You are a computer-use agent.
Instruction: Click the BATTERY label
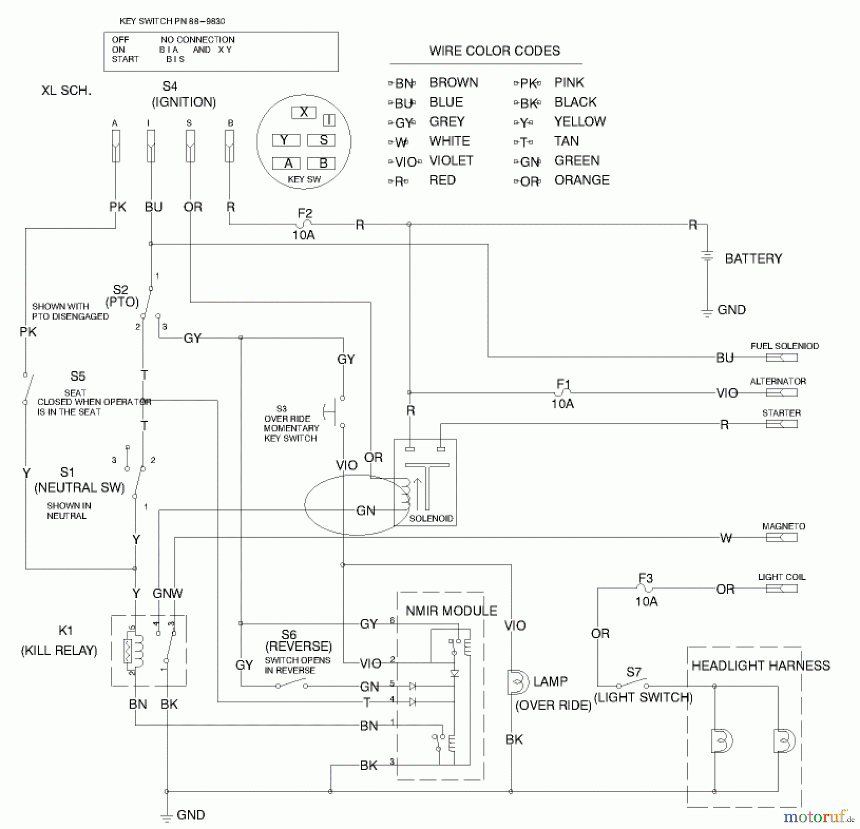pyautogui.click(x=753, y=259)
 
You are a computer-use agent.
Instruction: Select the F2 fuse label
pyautogui.click(x=305, y=213)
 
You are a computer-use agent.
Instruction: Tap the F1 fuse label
pyautogui.click(x=563, y=384)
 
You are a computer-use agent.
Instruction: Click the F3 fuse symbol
pyautogui.click(x=645, y=589)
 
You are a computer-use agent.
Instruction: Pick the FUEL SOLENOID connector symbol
pyautogui.click(x=782, y=357)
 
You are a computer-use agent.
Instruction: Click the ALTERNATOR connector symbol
pyautogui.click(x=782, y=392)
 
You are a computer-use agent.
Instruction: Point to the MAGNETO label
pyautogui.click(x=784, y=526)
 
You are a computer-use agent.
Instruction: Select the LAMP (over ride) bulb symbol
pyautogui.click(x=517, y=682)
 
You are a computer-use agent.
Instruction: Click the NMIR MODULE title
pyautogui.click(x=451, y=611)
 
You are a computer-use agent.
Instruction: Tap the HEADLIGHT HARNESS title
pyautogui.click(x=761, y=666)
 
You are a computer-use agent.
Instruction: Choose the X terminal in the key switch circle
pyautogui.click(x=304, y=112)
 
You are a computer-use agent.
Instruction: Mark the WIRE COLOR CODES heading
pyautogui.click(x=494, y=51)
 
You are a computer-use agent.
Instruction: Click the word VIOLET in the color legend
pyautogui.click(x=451, y=161)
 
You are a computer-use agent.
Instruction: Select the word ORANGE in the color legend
pyautogui.click(x=581, y=180)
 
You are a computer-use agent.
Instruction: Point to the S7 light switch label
pyautogui.click(x=634, y=672)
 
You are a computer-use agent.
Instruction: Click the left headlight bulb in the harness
pyautogui.click(x=721, y=741)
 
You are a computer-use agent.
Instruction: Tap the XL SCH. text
pyautogui.click(x=66, y=90)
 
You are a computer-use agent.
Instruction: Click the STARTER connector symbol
pyautogui.click(x=782, y=424)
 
